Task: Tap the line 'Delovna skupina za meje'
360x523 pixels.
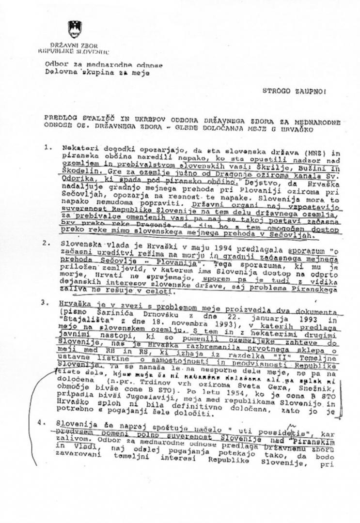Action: click(97, 73)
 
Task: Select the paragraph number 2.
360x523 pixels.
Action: click(47, 243)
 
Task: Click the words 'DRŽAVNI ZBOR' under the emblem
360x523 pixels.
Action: click(74, 46)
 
